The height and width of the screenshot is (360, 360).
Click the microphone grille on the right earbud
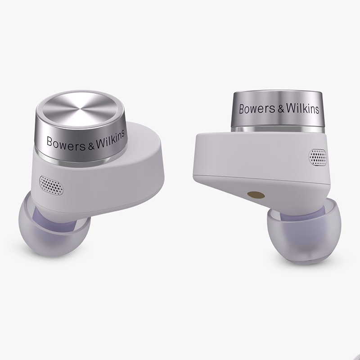point(317,156)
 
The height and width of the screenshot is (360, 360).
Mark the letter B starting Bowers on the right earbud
point(240,109)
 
